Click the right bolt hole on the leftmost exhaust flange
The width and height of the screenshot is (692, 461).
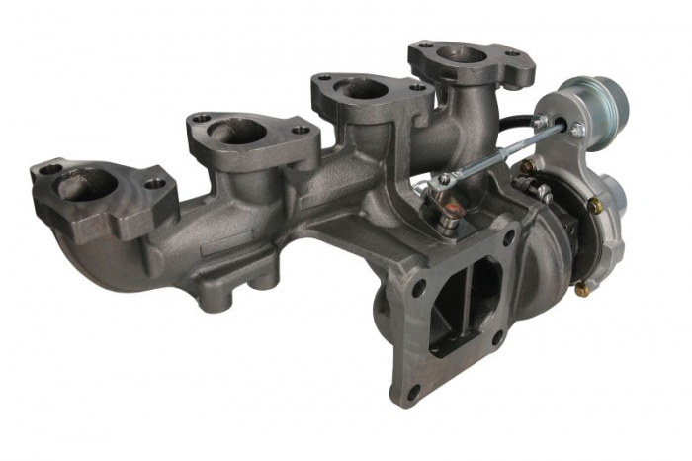pos(154,184)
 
